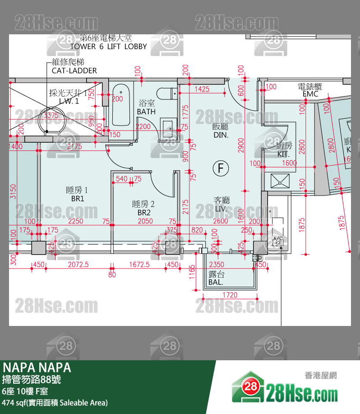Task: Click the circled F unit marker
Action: point(221,169)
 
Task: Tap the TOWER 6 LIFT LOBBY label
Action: point(109,47)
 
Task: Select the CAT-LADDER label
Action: point(74,70)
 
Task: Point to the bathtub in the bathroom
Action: point(121,105)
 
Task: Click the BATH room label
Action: point(147,112)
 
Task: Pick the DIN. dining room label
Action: point(221,135)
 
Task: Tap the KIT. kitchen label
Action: point(284,154)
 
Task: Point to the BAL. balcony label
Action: point(216,283)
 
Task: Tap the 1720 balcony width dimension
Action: point(230,295)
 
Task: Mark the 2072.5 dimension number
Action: point(78,265)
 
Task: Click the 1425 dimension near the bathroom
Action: point(202,89)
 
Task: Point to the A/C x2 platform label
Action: point(277,240)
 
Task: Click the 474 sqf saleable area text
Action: point(55,402)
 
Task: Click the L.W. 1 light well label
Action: point(69,102)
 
